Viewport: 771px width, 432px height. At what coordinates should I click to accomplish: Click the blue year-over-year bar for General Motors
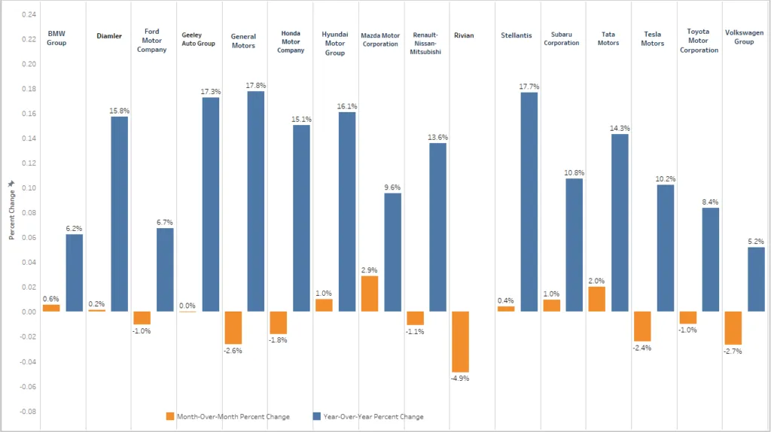pyautogui.click(x=255, y=201)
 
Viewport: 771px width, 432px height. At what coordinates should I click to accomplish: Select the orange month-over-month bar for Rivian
pyautogui.click(x=460, y=342)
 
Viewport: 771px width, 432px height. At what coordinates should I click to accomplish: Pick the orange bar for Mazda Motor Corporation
pyautogui.click(x=369, y=294)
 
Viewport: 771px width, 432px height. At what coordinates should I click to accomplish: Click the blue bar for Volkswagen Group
pyautogui.click(x=756, y=279)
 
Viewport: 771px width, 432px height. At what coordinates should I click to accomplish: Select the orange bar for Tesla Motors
pyautogui.click(x=641, y=326)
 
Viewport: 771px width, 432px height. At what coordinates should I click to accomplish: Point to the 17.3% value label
pyautogui.click(x=210, y=91)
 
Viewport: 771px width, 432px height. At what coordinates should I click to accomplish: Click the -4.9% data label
pyautogui.click(x=459, y=378)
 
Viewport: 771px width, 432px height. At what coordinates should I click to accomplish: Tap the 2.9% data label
pyautogui.click(x=369, y=269)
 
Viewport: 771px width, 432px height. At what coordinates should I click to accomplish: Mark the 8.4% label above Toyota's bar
pyautogui.click(x=710, y=202)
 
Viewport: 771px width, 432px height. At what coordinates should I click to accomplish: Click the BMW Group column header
pyautogui.click(x=56, y=38)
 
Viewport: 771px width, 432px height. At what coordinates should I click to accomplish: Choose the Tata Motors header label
pyautogui.click(x=608, y=39)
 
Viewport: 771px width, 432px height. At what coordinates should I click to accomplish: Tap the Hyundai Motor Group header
pyautogui.click(x=334, y=43)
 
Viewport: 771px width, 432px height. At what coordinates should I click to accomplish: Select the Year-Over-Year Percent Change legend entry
pyautogui.click(x=373, y=416)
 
